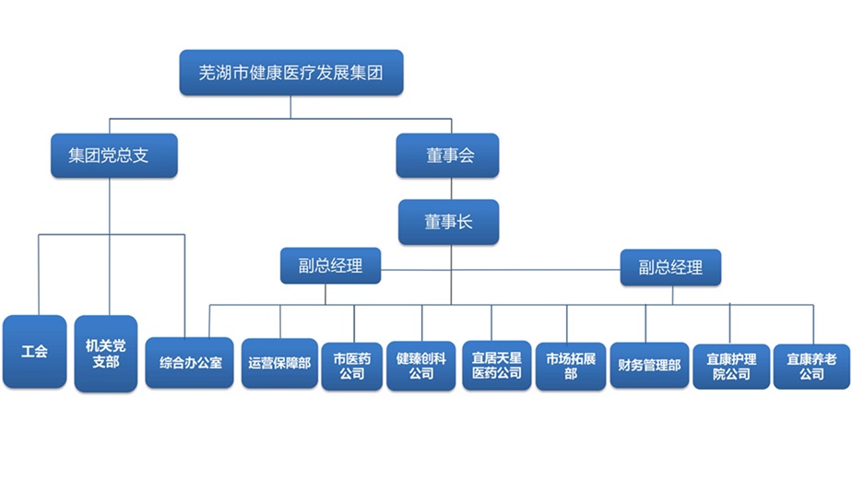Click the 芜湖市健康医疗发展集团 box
(x=291, y=73)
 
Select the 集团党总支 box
(x=114, y=156)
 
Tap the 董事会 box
(x=448, y=156)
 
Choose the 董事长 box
(x=449, y=222)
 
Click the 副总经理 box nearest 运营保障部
(x=330, y=265)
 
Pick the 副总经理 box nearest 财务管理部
(x=670, y=267)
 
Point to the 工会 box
(x=35, y=351)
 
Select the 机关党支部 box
(x=106, y=354)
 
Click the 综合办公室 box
(x=190, y=363)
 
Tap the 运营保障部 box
(x=279, y=363)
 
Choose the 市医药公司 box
(x=352, y=367)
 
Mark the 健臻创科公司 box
(x=421, y=366)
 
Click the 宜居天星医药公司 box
(x=497, y=366)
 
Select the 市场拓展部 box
(x=571, y=366)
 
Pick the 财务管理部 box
(x=649, y=365)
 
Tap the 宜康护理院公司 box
(x=731, y=367)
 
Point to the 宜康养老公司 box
(x=811, y=367)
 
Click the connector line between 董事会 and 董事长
(x=451, y=189)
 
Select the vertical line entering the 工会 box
(x=39, y=275)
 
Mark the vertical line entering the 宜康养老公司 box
(x=813, y=324)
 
